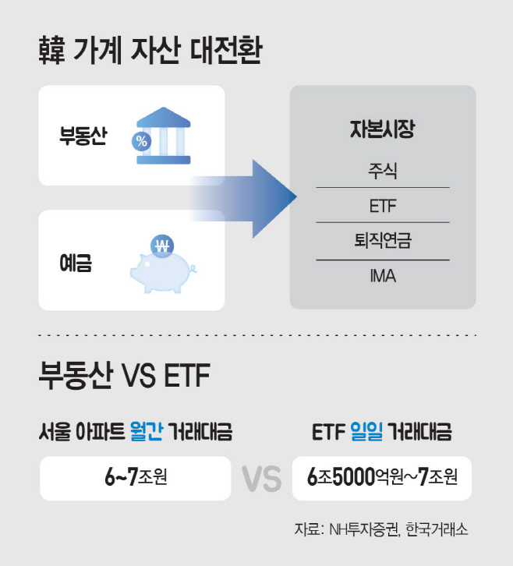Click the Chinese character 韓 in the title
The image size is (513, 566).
pos(51,50)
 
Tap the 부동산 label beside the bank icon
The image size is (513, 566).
pos(83,136)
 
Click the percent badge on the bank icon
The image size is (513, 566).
pos(142,141)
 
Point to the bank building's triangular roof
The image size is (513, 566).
pos(164,117)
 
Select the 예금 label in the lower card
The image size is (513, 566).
pos(76,263)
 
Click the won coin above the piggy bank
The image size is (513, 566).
pos(162,246)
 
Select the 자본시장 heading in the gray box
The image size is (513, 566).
pos(383,129)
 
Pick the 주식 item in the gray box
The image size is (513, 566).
pos(383,171)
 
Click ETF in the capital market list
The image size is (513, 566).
pos(383,206)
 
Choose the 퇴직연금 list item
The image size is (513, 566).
pos(383,240)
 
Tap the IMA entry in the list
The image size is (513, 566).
pos(383,276)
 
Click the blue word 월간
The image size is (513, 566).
pos(146,431)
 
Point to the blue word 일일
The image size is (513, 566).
pos(366,431)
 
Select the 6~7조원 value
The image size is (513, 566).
pos(136,477)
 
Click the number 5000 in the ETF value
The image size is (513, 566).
pos(353,477)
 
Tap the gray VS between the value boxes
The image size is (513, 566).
pos(261,479)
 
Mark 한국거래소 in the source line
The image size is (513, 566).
pos(437,530)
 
